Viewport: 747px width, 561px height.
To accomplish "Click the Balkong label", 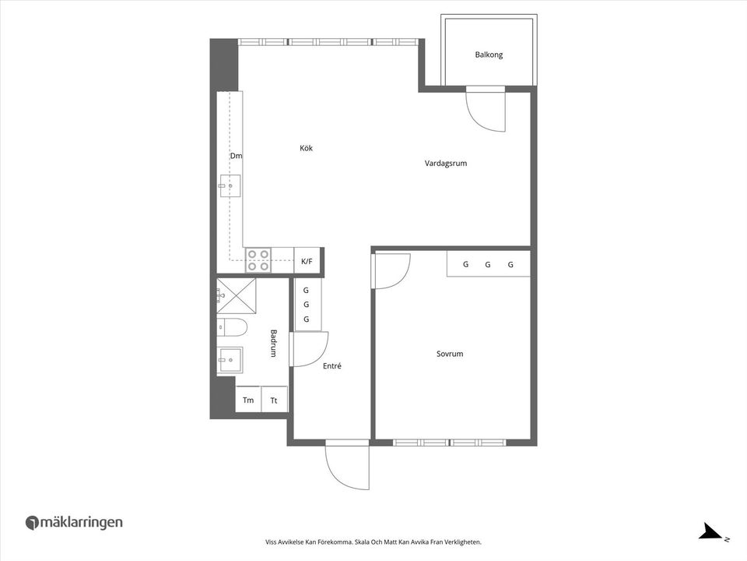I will pyautogui.click(x=489, y=55).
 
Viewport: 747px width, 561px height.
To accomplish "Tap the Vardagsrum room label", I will pyautogui.click(x=445, y=164).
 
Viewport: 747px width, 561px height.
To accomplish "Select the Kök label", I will pyautogui.click(x=306, y=148).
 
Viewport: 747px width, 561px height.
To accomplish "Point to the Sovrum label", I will pyautogui.click(x=450, y=354).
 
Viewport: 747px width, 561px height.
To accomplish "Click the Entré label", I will pyautogui.click(x=331, y=365).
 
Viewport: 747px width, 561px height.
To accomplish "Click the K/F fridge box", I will pyautogui.click(x=307, y=261).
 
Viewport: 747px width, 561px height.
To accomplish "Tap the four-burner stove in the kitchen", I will pyautogui.click(x=258, y=260).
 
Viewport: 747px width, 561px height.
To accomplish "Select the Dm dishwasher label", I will pyautogui.click(x=236, y=156).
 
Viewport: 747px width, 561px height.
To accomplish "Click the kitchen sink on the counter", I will pyautogui.click(x=230, y=186).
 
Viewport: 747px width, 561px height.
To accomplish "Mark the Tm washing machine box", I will pyautogui.click(x=248, y=400).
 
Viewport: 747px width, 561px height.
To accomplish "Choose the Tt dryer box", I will pyautogui.click(x=274, y=400).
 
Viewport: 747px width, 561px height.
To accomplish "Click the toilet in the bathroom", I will pyautogui.click(x=231, y=326).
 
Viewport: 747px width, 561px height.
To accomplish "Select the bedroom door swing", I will pyautogui.click(x=391, y=271).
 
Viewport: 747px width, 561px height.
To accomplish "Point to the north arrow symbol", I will pyautogui.click(x=711, y=533).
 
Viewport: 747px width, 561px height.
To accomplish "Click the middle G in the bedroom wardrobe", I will pyautogui.click(x=488, y=264).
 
